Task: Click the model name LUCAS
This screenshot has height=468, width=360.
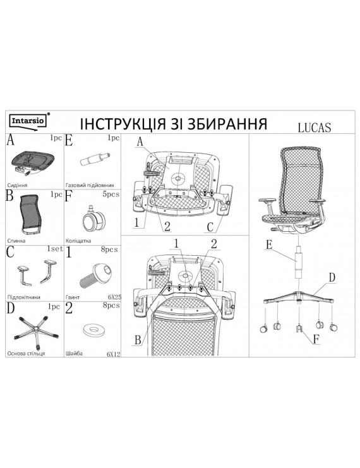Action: point(315,127)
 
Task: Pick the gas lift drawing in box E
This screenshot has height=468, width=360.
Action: point(95,159)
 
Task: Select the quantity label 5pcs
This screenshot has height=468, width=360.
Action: point(111,195)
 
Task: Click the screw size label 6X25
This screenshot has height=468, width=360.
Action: point(114,297)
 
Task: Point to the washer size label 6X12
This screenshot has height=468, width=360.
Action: point(114,354)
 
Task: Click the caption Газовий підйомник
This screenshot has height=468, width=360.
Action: point(90,185)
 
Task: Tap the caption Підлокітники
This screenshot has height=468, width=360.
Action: point(23,297)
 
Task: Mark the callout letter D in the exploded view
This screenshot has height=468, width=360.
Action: point(332,277)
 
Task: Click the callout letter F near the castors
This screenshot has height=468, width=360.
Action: point(316,339)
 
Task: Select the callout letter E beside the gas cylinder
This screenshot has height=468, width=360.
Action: point(269,245)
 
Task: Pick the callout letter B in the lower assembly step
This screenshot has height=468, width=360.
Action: point(138,340)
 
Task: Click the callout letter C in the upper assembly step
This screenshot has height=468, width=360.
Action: point(210,227)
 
